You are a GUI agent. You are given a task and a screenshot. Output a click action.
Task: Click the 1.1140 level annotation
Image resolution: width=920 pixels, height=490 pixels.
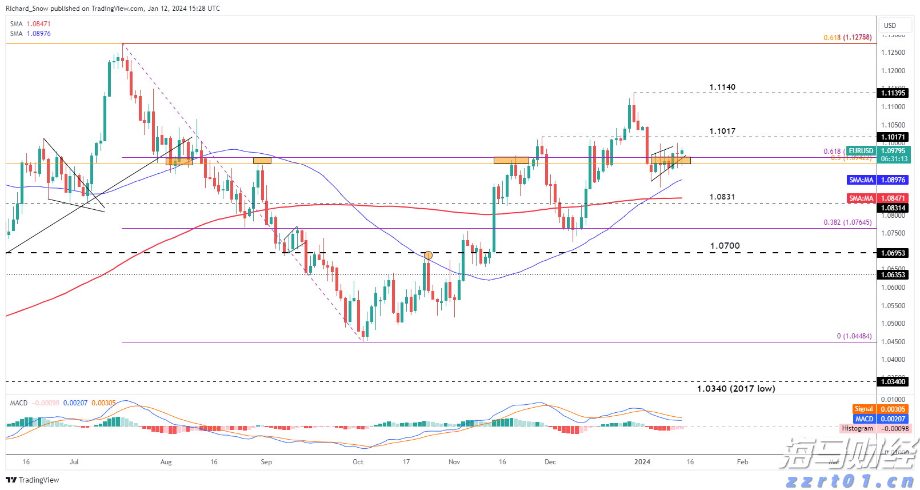(x=722, y=87)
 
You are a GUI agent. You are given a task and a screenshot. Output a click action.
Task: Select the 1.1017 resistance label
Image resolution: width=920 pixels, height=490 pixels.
(x=722, y=132)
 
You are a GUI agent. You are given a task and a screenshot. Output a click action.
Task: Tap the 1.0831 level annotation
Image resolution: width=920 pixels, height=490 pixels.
(x=722, y=197)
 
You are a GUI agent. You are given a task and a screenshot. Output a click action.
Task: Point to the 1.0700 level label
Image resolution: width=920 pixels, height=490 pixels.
(x=725, y=246)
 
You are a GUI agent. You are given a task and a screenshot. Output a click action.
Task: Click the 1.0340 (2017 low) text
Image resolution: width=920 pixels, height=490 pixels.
(x=736, y=389)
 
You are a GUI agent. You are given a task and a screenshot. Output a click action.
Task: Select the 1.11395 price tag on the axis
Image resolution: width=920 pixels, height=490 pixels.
(x=893, y=93)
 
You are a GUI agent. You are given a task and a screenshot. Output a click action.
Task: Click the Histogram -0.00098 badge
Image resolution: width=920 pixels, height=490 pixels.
(x=874, y=428)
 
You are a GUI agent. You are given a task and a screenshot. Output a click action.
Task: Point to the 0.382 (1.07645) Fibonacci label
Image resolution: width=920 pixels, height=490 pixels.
(x=847, y=222)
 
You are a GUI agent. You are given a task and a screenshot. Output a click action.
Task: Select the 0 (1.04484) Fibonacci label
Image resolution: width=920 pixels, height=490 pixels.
(x=854, y=336)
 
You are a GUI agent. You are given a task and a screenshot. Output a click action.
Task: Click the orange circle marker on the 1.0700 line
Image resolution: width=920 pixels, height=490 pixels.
(x=428, y=255)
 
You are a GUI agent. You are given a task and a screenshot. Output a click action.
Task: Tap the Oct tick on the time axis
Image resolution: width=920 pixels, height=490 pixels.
(x=358, y=462)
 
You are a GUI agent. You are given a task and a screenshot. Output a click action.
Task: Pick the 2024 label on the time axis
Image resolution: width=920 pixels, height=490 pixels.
(x=642, y=462)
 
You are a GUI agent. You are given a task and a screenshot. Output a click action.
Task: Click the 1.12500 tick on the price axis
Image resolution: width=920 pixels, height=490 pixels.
(x=893, y=53)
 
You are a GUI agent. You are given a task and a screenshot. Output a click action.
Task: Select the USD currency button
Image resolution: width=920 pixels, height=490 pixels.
(x=890, y=26)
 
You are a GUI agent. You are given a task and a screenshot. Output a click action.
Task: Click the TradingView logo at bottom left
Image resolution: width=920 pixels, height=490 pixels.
(x=33, y=480)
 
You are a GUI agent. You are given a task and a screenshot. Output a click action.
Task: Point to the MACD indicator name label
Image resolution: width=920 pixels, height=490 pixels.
(x=19, y=403)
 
